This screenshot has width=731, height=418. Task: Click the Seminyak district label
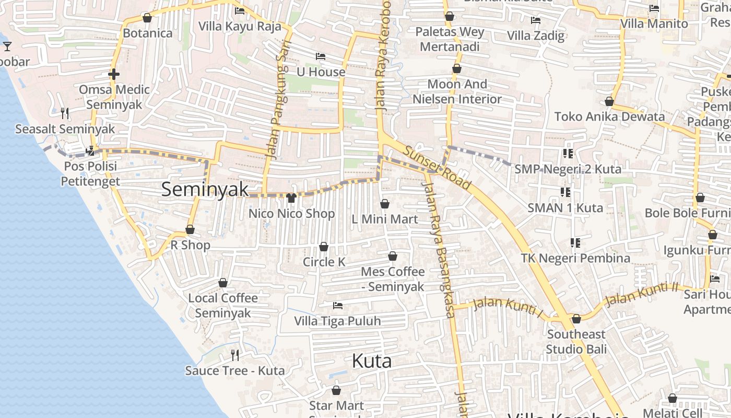[x=205, y=189]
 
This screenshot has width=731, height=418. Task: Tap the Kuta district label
[x=372, y=361]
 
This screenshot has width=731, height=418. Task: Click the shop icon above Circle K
[x=324, y=247]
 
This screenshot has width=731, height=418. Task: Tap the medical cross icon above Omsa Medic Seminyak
[x=114, y=74]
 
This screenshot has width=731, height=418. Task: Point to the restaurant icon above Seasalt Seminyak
[x=65, y=113]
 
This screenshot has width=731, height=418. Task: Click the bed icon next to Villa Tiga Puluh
[x=338, y=305]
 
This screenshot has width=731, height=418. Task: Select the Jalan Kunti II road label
[x=641, y=294]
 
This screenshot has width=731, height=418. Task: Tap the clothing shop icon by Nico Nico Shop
[x=291, y=198]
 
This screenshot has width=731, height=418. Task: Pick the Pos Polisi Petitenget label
[x=90, y=174]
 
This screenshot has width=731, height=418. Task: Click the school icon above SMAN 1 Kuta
[x=565, y=192]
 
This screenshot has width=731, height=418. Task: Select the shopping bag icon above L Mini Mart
[x=385, y=204]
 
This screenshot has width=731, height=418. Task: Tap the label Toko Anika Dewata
[x=609, y=117]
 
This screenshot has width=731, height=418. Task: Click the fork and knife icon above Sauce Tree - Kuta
[x=235, y=355]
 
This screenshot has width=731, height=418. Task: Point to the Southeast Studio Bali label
[x=576, y=341]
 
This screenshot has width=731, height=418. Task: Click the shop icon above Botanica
[x=147, y=18]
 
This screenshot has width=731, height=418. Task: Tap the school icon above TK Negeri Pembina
[x=575, y=243]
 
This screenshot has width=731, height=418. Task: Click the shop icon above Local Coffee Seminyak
[x=223, y=283]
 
